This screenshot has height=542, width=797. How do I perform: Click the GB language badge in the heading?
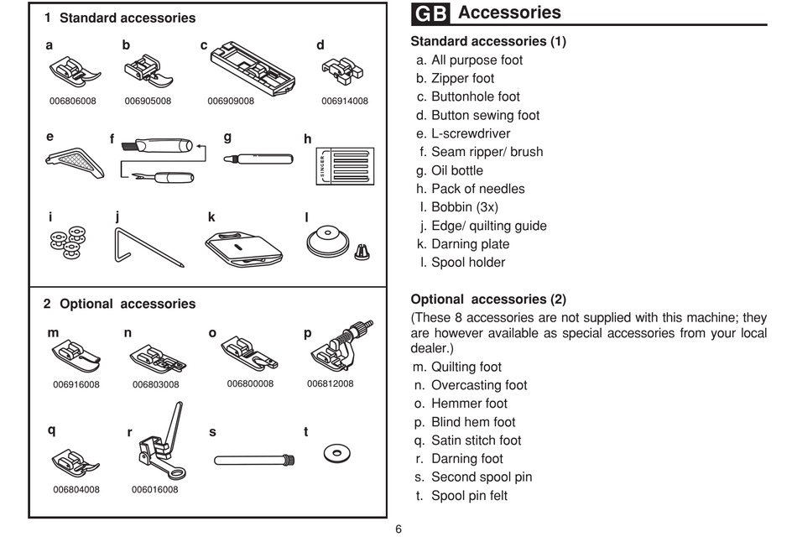(430, 13)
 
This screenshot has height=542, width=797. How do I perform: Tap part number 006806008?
(73, 102)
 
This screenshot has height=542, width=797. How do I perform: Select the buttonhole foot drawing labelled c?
(253, 68)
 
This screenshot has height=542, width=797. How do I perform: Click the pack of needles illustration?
(345, 166)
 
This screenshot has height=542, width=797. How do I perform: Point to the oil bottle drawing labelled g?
(258, 159)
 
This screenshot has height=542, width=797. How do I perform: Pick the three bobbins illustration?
(68, 242)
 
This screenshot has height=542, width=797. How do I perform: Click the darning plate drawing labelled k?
(244, 248)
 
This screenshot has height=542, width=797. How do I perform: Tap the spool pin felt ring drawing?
(336, 453)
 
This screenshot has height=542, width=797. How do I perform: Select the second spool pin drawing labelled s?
(255, 460)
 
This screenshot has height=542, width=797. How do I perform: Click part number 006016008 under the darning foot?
(155, 490)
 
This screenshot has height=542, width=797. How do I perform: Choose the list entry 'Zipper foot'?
(462, 78)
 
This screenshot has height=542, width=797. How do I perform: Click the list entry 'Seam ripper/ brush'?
(487, 152)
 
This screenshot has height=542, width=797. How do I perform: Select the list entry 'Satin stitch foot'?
(477, 440)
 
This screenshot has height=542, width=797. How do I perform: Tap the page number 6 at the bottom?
(398, 529)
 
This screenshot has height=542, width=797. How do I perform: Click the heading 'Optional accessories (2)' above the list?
(488, 299)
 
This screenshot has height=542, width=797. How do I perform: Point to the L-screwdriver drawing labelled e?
(75, 163)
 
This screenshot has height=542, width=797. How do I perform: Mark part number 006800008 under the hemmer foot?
(250, 384)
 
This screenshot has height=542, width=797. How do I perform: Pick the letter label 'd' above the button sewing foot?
(320, 45)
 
